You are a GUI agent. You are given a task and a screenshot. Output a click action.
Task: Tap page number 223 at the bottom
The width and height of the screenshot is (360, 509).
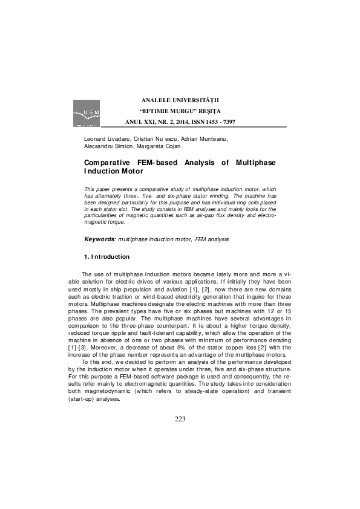tap(180, 420)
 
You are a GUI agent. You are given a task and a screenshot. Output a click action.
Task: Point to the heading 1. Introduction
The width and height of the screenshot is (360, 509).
tap(106, 256)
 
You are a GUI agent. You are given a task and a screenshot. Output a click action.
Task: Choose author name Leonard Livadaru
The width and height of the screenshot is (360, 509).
tap(105, 139)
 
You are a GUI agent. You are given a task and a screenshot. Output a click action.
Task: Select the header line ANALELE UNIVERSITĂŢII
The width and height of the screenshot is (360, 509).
tap(180, 99)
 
